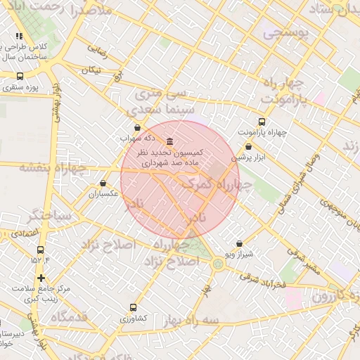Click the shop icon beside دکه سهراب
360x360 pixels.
pos(136,128)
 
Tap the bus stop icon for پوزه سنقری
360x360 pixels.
pos(19,76)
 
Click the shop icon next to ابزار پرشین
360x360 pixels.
pos(249,146)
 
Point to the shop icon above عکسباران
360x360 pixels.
pos(103,183)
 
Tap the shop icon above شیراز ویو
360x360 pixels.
pos(239,243)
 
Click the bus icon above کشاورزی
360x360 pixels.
pos(134,307)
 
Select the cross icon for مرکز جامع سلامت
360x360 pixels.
pos(41,278)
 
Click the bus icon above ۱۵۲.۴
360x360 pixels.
pos(40,250)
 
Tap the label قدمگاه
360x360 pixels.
pos(68,317)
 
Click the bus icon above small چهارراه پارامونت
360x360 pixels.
pos(262,122)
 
